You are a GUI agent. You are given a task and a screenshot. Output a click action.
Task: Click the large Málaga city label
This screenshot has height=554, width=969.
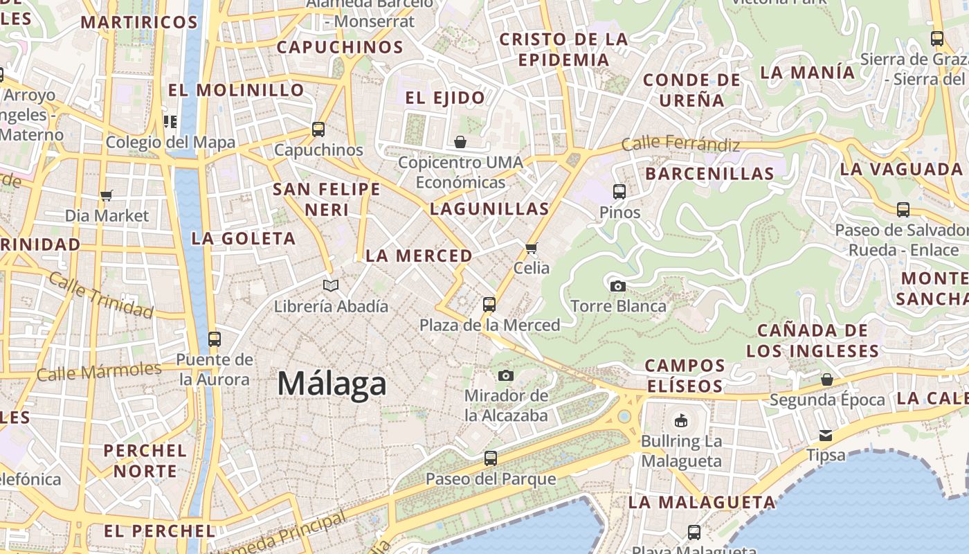tap(332, 384)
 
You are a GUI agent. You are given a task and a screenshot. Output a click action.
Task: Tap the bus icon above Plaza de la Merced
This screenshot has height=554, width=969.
tap(489, 304)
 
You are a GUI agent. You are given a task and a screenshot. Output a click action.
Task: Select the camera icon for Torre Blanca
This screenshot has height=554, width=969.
tap(618, 286)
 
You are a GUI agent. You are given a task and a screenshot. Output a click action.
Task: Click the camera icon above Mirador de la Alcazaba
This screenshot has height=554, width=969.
tap(506, 375)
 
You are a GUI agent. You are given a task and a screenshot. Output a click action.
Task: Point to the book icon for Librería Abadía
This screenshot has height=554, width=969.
tap(332, 285)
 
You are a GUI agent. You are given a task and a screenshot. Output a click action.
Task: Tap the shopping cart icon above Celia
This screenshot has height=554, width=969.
tap(532, 248)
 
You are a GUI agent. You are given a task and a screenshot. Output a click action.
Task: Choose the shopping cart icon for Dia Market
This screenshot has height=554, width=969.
tap(107, 195)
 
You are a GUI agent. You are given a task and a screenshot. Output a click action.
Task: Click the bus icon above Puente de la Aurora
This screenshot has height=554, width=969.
tap(215, 339)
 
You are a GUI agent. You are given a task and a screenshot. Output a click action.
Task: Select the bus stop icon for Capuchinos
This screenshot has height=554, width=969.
tap(318, 129)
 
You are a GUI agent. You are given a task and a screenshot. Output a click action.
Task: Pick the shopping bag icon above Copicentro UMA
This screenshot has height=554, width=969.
tap(460, 143)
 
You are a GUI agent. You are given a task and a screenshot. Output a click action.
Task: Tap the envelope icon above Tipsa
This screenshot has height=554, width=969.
tap(826, 435)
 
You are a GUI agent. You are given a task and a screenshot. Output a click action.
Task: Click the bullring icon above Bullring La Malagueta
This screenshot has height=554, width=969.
tap(681, 420)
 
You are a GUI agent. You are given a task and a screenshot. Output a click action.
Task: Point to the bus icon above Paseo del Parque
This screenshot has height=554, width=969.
tap(491, 458)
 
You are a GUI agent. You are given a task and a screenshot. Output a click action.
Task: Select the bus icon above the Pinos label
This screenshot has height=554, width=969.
tap(619, 192)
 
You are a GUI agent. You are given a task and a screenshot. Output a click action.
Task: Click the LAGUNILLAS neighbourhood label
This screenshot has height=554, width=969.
tap(489, 208)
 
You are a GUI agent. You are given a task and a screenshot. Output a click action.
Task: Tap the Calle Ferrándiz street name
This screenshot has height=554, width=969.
tap(680, 144)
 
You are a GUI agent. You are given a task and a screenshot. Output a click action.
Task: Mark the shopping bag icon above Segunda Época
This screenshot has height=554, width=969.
tap(827, 379)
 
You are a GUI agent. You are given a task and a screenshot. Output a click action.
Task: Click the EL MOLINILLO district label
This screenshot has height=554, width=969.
tap(236, 90)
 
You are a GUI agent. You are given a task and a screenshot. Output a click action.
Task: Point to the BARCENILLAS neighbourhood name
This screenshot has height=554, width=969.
tap(709, 174)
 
